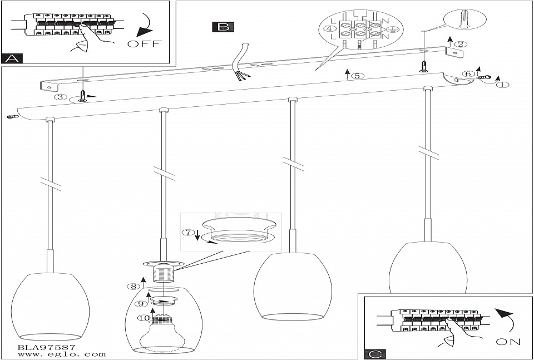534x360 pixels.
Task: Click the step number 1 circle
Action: tap(502, 85)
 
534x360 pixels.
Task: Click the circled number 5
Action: tap(357, 76)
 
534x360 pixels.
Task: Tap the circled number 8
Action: tap(131, 287)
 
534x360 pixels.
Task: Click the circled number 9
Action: tap(141, 303)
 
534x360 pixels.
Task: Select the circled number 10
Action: tap(144, 319)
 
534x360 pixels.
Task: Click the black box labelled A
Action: tap(12, 58)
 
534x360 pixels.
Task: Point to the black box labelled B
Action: tap(223, 26)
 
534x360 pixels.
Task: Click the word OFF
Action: tap(143, 45)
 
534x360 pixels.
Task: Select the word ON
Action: tap(508, 342)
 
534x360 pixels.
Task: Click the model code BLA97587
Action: tap(43, 346)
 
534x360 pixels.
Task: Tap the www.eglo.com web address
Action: tap(54, 354)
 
